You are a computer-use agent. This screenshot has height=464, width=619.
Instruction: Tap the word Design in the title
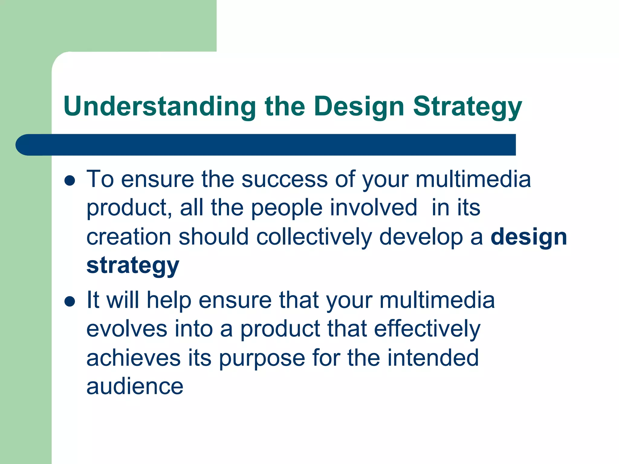point(359,106)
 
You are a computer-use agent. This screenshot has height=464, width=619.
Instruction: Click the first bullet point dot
point(70,181)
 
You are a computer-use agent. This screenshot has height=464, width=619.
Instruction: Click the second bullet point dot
point(70,301)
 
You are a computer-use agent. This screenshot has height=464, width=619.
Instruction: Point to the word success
point(284,179)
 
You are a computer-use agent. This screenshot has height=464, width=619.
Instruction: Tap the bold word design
point(529,237)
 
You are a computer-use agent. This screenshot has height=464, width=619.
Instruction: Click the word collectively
point(314,237)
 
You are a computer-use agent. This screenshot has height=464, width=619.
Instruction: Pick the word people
point(287,208)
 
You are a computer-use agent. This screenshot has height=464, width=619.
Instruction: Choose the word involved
point(374,208)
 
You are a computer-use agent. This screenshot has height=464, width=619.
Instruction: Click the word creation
point(129,237)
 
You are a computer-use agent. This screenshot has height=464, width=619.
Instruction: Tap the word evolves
point(127,329)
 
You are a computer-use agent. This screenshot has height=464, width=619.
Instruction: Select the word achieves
point(133,358)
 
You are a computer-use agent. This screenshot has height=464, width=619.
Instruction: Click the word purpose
point(262,358)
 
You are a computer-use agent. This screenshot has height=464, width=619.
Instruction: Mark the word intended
point(433,358)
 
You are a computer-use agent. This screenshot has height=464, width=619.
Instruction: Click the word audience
point(135,386)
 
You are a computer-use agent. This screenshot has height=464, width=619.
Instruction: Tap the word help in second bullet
point(169,300)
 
